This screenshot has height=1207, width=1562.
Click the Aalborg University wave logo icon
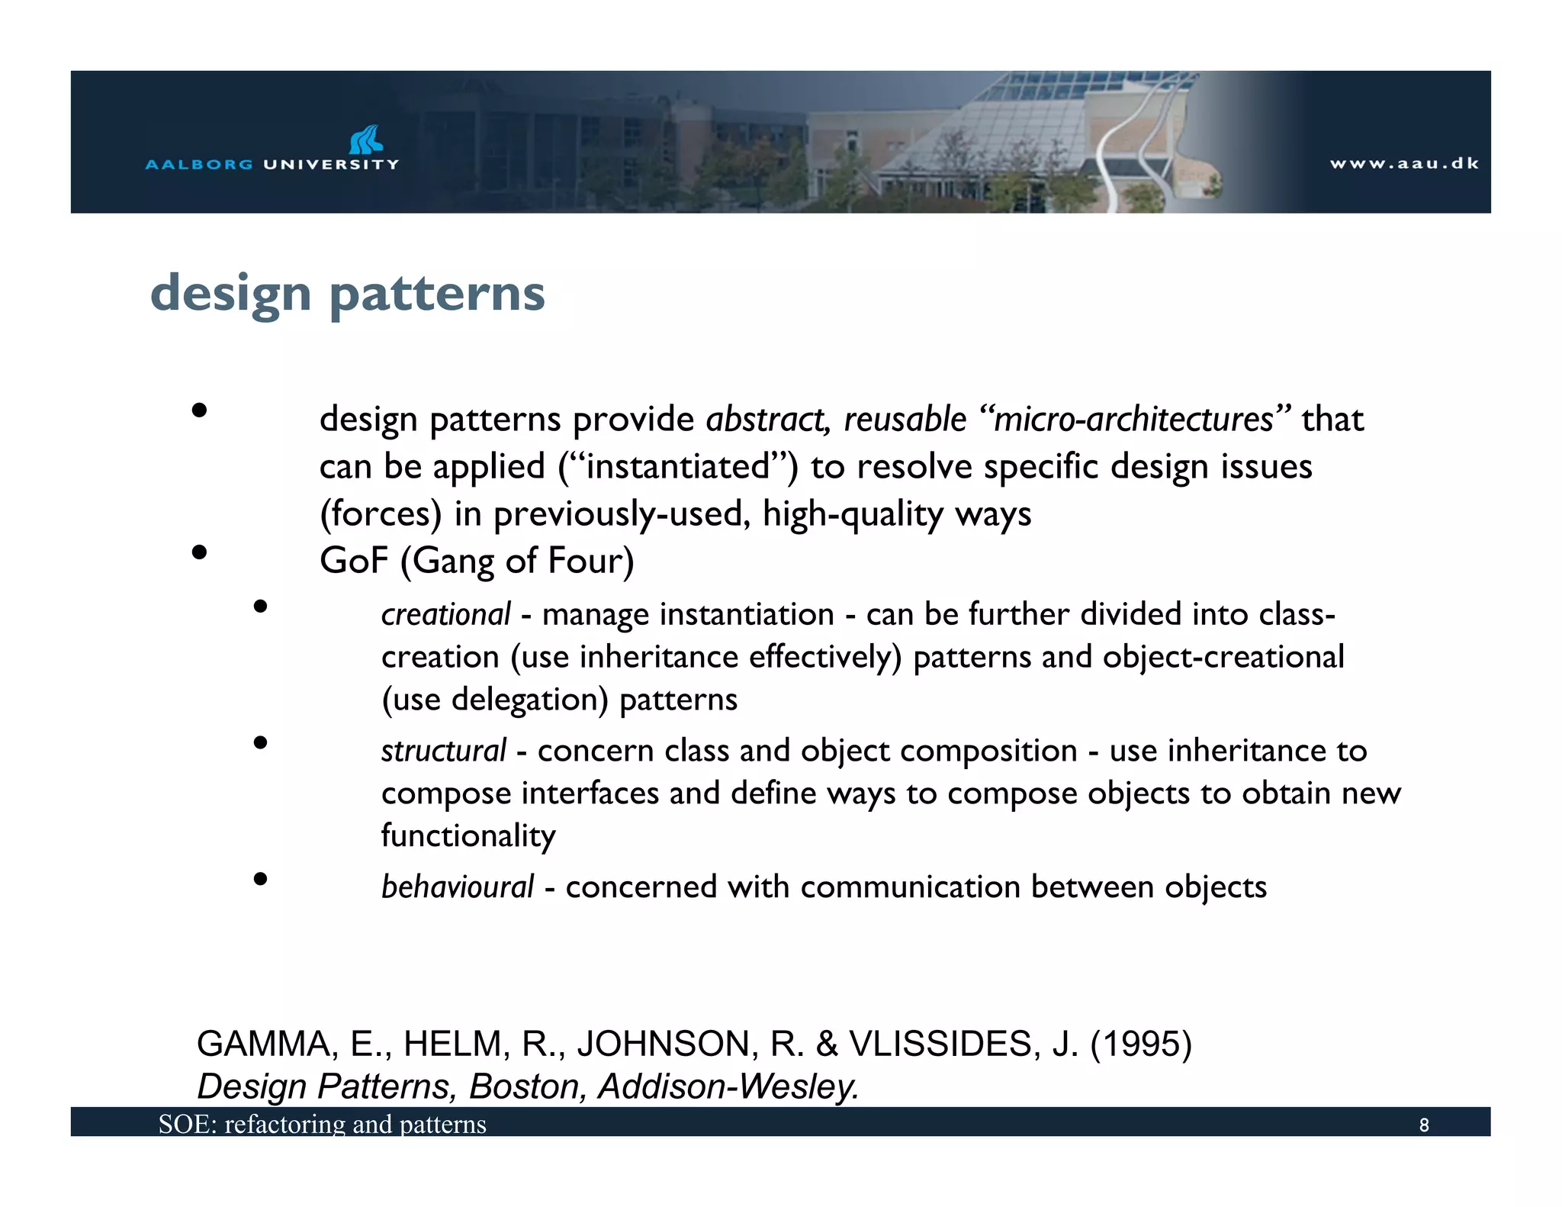(x=366, y=140)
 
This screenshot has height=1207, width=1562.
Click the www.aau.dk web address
(x=1403, y=163)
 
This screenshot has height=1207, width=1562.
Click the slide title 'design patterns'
(x=348, y=294)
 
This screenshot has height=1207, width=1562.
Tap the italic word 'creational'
(x=445, y=615)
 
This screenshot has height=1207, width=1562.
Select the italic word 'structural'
(x=443, y=752)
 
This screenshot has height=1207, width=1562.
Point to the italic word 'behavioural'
(x=457, y=887)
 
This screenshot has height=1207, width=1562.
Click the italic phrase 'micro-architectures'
(x=1133, y=420)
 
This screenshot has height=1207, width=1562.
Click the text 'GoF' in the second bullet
(x=354, y=561)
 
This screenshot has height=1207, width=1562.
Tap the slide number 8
(x=1423, y=1125)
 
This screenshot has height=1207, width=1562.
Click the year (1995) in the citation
(x=1140, y=1044)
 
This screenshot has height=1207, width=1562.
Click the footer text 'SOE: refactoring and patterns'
(x=322, y=1124)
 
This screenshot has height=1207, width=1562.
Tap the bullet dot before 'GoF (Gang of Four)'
(x=200, y=552)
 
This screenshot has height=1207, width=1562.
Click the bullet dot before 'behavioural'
(x=261, y=879)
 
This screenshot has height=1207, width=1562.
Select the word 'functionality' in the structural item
(x=468, y=836)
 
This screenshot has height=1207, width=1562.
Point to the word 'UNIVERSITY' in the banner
(x=331, y=164)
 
